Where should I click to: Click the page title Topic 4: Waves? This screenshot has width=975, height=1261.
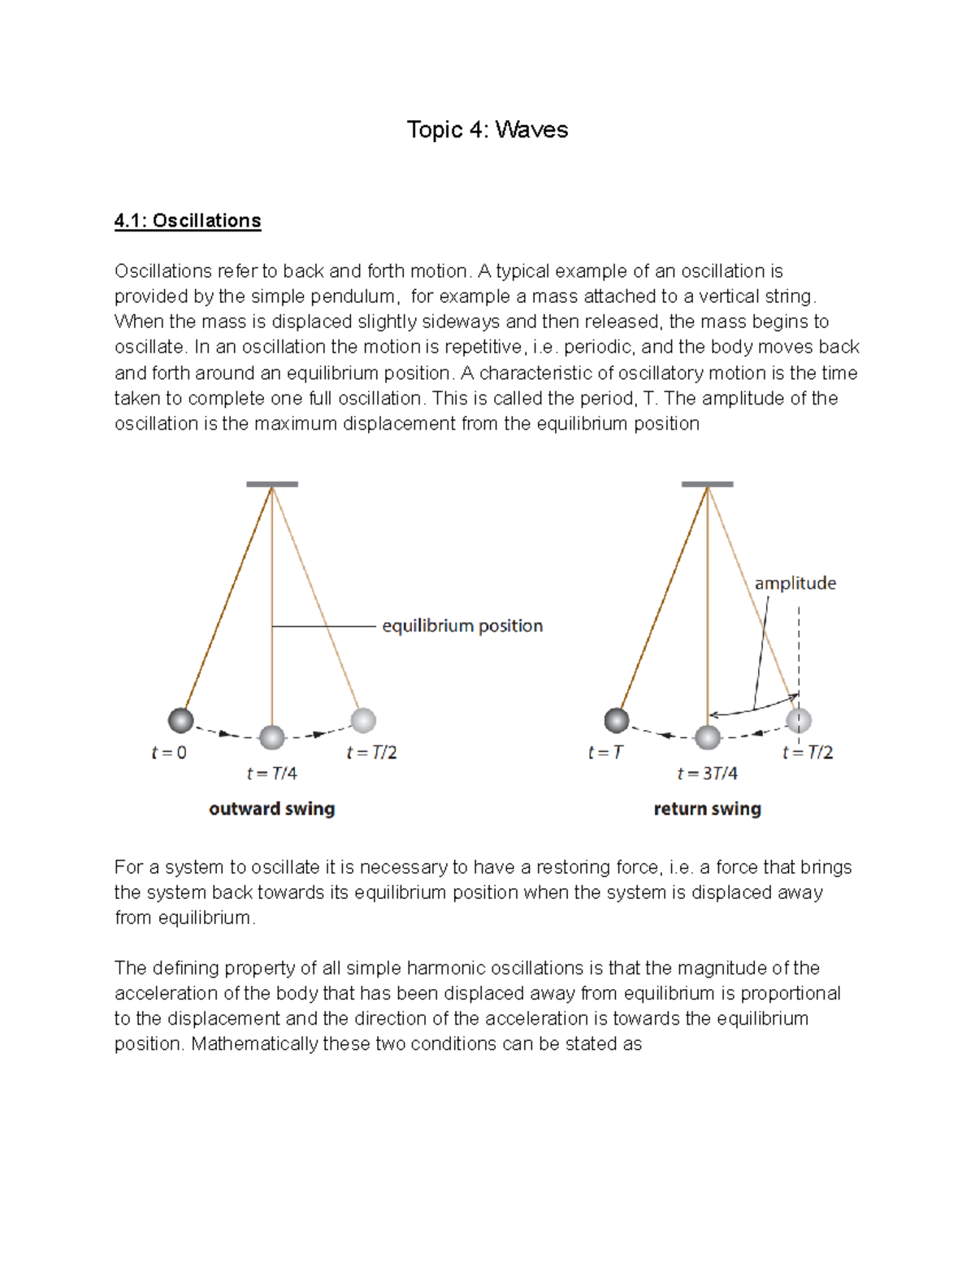pyautogui.click(x=487, y=130)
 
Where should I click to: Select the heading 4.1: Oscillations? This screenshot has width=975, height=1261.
pyautogui.click(x=188, y=221)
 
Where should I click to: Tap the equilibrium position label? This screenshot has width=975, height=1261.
pyautogui.click(x=461, y=626)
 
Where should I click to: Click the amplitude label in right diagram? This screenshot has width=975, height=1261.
pyautogui.click(x=795, y=583)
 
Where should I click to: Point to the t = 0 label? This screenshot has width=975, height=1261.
pyautogui.click(x=169, y=753)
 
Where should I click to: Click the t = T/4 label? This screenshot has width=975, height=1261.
pyautogui.click(x=271, y=774)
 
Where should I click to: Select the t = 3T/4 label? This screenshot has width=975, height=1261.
pyautogui.click(x=707, y=774)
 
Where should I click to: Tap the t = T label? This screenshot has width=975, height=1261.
pyautogui.click(x=604, y=753)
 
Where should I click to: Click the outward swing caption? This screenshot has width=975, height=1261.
pyautogui.click(x=271, y=809)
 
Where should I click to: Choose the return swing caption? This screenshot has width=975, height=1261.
pyautogui.click(x=707, y=809)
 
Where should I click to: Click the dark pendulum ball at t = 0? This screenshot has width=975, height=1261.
pyautogui.click(x=180, y=719)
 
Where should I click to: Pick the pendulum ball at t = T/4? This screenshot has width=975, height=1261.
pyautogui.click(x=271, y=737)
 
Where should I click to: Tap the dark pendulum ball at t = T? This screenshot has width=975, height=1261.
pyautogui.click(x=617, y=719)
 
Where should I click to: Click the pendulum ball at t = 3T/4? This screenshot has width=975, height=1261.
pyautogui.click(x=708, y=737)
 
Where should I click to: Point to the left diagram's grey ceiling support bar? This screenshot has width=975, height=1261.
pyautogui.click(x=271, y=484)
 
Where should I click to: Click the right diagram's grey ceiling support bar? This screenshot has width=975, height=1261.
pyautogui.click(x=707, y=484)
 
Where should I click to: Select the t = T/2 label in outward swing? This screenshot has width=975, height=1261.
pyautogui.click(x=371, y=753)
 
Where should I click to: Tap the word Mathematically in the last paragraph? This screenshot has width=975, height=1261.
pyautogui.click(x=253, y=1044)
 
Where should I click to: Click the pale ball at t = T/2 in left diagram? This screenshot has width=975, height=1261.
pyautogui.click(x=363, y=719)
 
